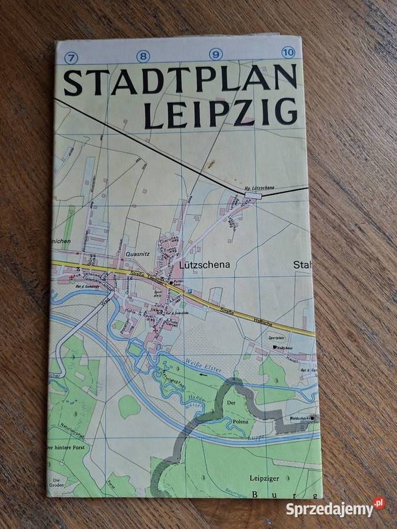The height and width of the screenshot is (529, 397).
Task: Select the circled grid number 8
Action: pos(144,56)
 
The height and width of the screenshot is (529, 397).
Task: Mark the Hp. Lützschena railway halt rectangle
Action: pos(254,195)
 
